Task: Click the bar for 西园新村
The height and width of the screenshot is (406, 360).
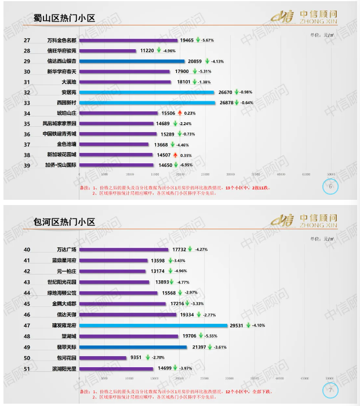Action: coord(145,103)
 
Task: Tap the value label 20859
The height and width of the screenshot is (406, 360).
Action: coord(197,61)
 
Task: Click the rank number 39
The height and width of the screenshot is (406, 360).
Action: coord(27,166)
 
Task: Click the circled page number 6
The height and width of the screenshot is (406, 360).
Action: coord(330,186)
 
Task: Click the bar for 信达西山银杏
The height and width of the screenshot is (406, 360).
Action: coord(131,61)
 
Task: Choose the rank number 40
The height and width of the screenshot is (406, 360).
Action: coord(27,250)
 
